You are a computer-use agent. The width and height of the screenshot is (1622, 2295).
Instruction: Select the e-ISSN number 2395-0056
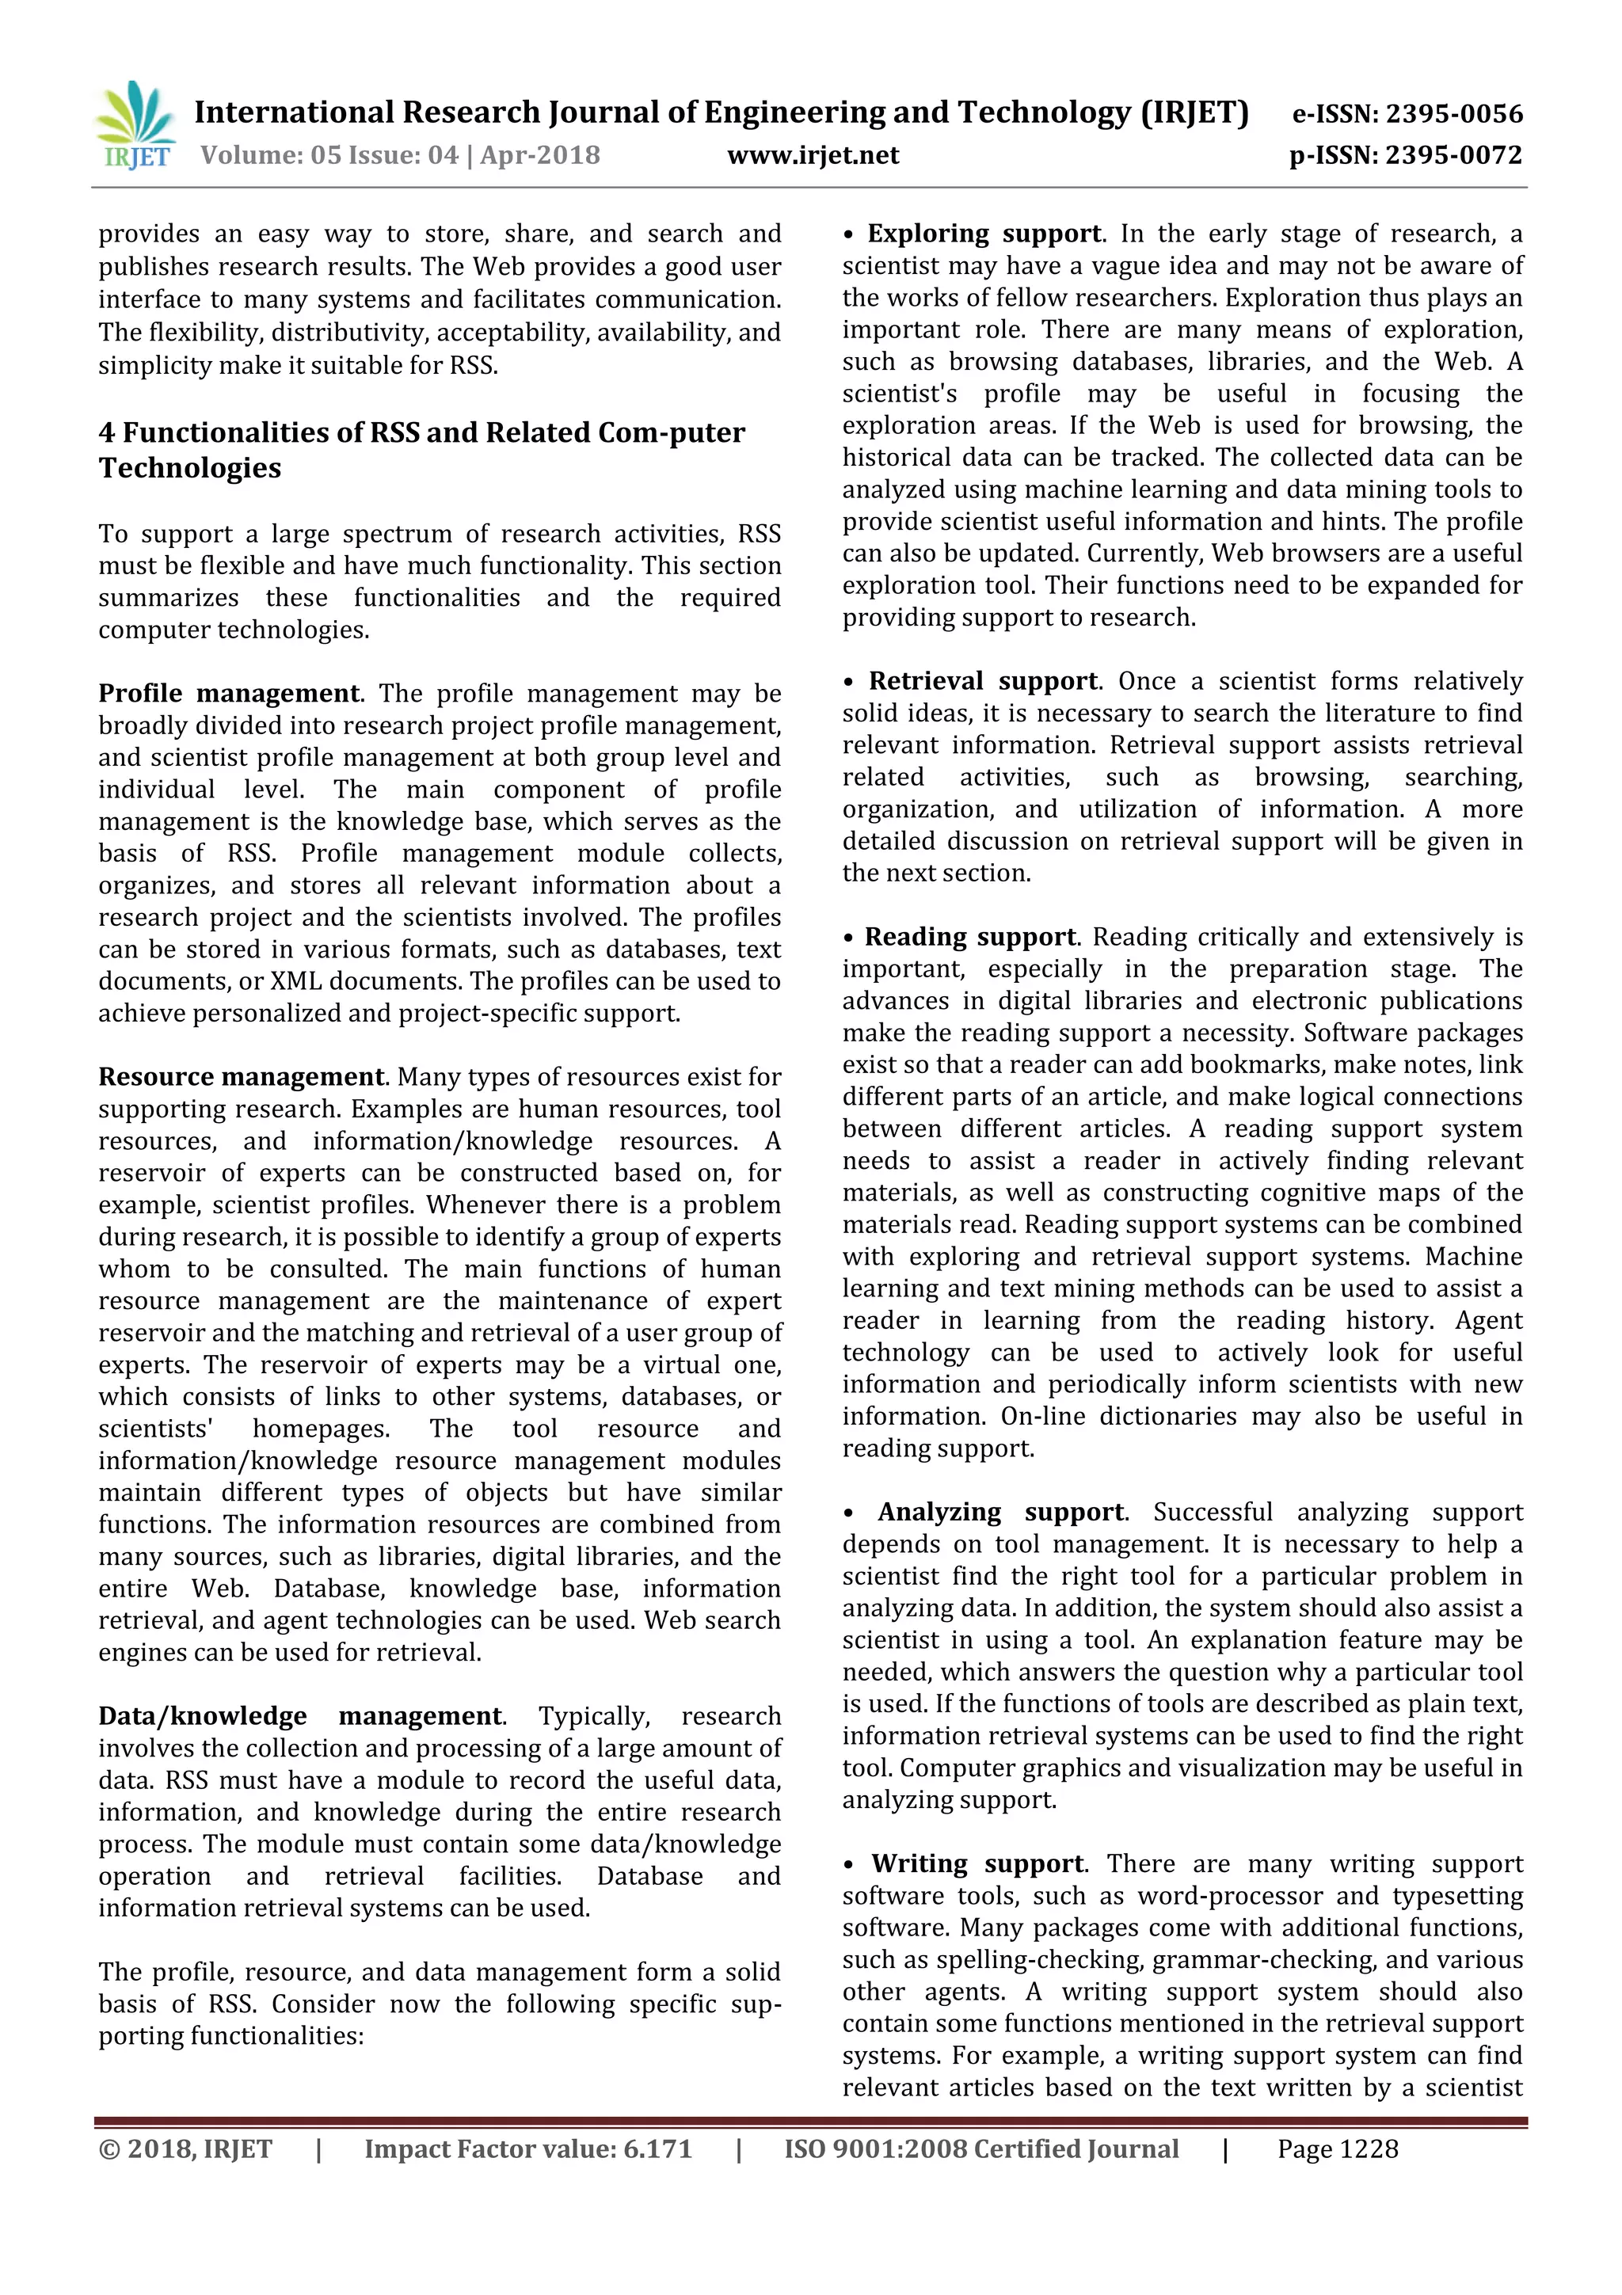[1454, 114]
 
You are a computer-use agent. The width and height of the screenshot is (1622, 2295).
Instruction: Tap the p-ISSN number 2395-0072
[1454, 155]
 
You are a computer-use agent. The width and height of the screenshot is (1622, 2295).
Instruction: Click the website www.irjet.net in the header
[813, 155]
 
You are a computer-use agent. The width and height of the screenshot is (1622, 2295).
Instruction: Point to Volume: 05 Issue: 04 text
[329, 155]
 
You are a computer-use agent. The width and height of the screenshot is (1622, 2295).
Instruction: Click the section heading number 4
[106, 433]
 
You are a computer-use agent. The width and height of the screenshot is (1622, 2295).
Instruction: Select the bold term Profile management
[229, 693]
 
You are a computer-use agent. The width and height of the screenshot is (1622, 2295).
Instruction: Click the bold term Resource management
[241, 1076]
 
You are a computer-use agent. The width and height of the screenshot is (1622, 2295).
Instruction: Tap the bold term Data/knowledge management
[301, 1715]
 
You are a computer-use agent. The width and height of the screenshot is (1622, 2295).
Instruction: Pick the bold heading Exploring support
[984, 233]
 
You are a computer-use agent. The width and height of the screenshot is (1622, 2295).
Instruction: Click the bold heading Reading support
[970, 937]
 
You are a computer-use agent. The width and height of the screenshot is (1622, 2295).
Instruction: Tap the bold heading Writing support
[977, 1863]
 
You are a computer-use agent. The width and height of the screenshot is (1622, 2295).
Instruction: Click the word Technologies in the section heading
[190, 468]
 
